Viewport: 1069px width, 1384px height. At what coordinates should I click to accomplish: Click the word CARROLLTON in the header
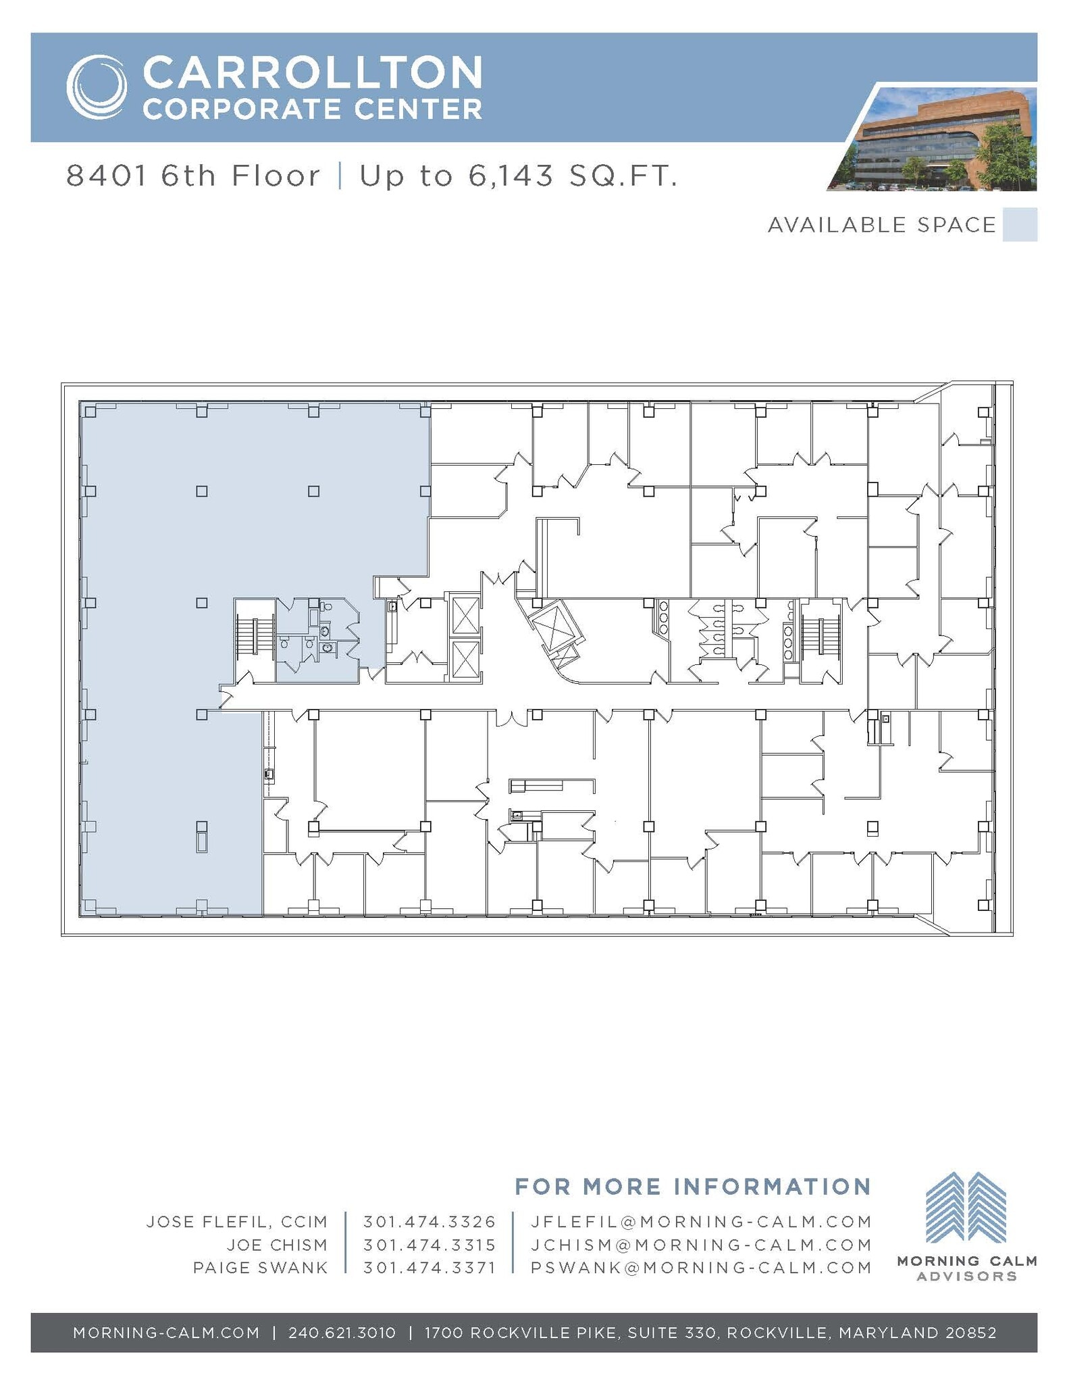pyautogui.click(x=312, y=72)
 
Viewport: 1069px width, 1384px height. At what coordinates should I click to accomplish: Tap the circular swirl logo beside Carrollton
pyautogui.click(x=97, y=86)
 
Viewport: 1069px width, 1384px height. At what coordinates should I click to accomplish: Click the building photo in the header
pyautogui.click(x=939, y=140)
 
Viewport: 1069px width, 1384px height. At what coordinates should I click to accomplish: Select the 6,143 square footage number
pyautogui.click(x=510, y=176)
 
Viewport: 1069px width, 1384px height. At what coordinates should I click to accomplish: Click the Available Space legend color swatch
pyautogui.click(x=1020, y=224)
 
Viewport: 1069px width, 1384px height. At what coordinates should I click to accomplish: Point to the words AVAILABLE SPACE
pyautogui.click(x=881, y=225)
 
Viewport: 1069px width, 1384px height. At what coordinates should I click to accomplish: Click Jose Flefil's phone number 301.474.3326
pyautogui.click(x=429, y=1222)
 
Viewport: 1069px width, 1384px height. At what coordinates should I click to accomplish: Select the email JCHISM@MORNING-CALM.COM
pyautogui.click(x=701, y=1245)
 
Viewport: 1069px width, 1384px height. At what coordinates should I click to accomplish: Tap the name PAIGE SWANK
pyautogui.click(x=260, y=1268)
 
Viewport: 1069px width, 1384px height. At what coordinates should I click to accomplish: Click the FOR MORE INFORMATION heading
pyautogui.click(x=692, y=1187)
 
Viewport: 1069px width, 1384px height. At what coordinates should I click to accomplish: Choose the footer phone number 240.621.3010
pyautogui.click(x=342, y=1333)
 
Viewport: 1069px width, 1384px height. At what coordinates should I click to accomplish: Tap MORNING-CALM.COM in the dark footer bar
pyautogui.click(x=166, y=1333)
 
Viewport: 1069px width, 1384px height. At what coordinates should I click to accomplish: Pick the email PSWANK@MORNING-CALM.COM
pyautogui.click(x=701, y=1268)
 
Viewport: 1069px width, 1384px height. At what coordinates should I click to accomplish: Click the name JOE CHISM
pyautogui.click(x=277, y=1245)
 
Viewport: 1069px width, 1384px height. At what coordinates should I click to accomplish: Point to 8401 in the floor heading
pyautogui.click(x=107, y=176)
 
